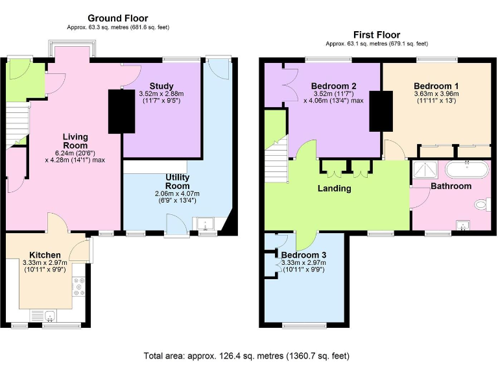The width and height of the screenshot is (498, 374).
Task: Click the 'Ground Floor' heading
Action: [x=117, y=18]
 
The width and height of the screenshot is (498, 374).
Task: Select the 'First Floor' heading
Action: [x=376, y=34]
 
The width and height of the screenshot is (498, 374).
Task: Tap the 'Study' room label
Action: [x=161, y=86]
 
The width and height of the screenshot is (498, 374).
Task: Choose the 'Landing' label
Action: [x=335, y=188]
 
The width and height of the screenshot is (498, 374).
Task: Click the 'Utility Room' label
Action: [x=178, y=181]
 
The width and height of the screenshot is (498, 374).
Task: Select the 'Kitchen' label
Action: [x=45, y=254]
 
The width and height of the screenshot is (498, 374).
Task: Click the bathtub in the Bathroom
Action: [x=467, y=170]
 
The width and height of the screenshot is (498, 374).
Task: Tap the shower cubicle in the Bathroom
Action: [x=425, y=171]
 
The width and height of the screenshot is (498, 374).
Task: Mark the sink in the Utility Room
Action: [x=207, y=225]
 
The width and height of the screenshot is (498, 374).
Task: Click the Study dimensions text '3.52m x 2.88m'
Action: [x=161, y=94]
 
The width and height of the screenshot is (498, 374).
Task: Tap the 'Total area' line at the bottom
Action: [x=246, y=356]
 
